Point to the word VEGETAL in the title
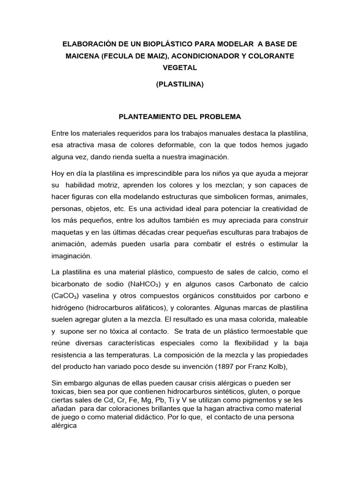pyautogui.click(x=180, y=67)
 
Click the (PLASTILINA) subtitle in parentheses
pyautogui.click(x=180, y=86)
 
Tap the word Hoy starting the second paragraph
pyautogui.click(x=59, y=173)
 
